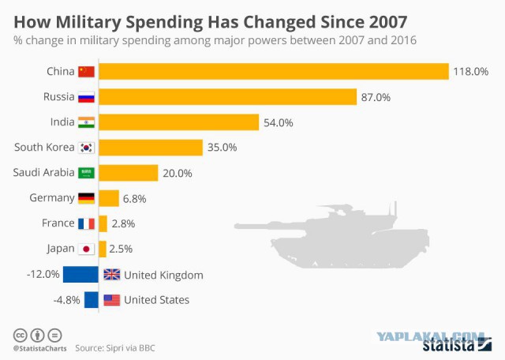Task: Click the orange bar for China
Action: coord(274,71)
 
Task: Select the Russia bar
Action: coord(228,96)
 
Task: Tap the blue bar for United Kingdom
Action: coord(80,275)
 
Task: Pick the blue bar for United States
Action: coord(92,300)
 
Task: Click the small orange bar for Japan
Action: coord(103,249)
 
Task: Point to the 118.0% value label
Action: coord(471,72)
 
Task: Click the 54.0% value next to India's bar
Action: coord(279,123)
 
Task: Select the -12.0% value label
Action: coord(43,274)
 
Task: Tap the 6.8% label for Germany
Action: coord(135,199)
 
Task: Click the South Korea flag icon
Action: coord(86,148)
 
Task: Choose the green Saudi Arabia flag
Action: coord(86,173)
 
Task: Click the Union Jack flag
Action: coord(112,275)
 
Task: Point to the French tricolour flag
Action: coord(86,223)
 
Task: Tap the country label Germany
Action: coord(52,197)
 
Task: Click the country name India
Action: coord(62,122)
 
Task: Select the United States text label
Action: coord(156,300)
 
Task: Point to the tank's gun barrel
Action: coord(271,227)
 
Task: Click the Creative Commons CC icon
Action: coord(20,336)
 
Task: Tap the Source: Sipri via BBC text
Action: coord(115,348)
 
